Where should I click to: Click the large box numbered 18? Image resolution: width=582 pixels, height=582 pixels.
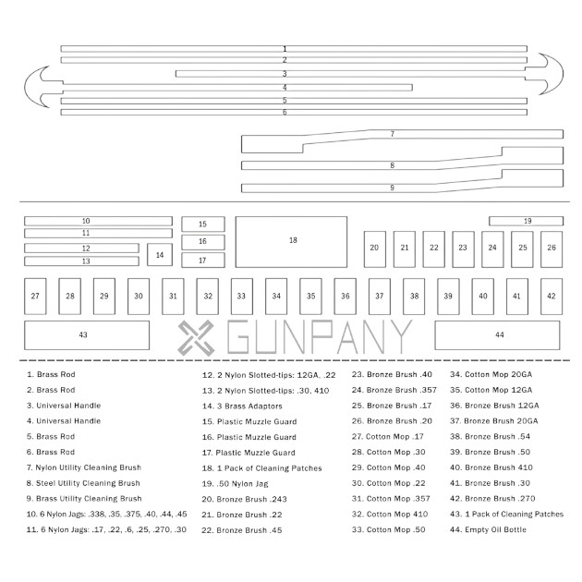291,242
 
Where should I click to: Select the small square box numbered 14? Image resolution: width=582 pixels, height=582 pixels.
160,255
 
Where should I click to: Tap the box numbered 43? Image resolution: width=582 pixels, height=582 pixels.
87,335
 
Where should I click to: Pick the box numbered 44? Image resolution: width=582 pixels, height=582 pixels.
497,335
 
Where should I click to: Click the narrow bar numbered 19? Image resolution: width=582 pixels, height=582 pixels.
526,221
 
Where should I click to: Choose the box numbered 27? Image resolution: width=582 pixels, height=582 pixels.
35,297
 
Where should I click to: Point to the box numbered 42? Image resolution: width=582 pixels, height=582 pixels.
552,297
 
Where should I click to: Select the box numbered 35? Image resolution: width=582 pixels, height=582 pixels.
310,297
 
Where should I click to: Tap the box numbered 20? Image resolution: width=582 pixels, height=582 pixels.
375,249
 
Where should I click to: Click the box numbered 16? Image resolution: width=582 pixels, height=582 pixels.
203,242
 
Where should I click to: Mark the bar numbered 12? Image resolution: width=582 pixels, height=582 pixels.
81,249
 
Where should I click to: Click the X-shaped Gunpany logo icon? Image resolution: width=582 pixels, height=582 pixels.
196,338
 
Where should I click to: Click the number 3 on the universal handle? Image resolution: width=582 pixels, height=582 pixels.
285,74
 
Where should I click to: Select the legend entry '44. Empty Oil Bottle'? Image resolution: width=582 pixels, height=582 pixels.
488,529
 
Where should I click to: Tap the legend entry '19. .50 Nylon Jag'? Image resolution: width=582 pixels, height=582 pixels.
235,484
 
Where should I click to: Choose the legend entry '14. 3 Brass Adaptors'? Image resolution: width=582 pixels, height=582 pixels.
242,406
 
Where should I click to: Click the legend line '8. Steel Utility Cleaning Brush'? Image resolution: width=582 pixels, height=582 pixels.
83,483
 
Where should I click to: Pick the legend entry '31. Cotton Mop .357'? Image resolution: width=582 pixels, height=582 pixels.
391,499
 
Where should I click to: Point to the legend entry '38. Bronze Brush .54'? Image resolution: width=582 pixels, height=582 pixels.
490,436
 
